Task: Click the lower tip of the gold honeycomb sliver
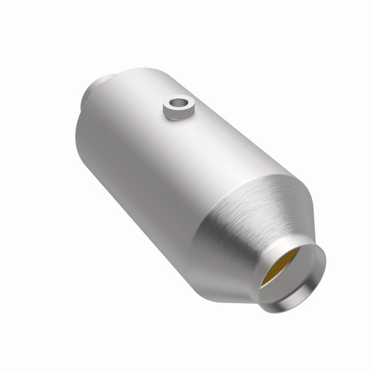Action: point(265,285)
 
